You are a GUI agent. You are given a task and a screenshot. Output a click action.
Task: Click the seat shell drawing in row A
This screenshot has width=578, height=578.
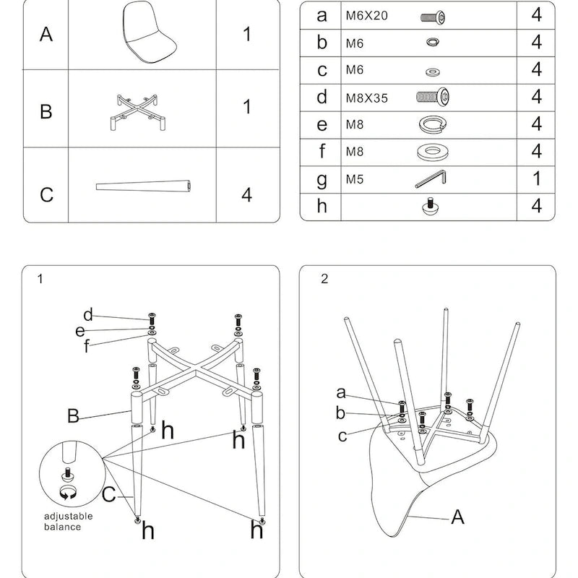click(150, 33)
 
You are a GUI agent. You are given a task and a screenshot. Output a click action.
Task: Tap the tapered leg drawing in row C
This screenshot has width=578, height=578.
click(144, 187)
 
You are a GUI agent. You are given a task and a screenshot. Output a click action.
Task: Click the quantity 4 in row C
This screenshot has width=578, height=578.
click(246, 194)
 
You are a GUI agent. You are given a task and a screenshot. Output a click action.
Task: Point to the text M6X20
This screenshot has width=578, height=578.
click(366, 16)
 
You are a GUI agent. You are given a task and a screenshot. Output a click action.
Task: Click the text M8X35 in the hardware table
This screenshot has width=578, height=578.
click(366, 98)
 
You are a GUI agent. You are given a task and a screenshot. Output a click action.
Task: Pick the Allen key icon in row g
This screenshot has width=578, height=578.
click(431, 178)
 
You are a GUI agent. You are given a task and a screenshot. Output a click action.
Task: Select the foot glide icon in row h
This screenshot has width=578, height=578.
click(431, 207)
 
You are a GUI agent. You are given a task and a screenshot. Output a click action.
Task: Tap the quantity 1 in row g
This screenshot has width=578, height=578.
click(536, 178)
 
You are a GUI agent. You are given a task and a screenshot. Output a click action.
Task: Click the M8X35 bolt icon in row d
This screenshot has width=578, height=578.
click(433, 97)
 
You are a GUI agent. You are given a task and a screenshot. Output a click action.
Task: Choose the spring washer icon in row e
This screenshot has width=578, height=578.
click(431, 124)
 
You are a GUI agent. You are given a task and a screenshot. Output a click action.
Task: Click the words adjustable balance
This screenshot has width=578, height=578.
click(68, 521)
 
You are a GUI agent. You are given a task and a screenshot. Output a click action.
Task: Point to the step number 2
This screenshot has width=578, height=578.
click(324, 279)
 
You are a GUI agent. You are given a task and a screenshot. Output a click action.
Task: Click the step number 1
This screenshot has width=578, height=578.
click(40, 279)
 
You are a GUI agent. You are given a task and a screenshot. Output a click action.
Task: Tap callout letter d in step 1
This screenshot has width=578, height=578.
click(88, 314)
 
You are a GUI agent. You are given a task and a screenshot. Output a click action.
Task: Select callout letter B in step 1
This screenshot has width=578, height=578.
click(73, 416)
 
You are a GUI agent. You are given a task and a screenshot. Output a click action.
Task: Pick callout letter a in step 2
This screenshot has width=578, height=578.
click(341, 392)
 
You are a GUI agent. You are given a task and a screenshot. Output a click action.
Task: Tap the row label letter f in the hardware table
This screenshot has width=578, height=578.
click(322, 152)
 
